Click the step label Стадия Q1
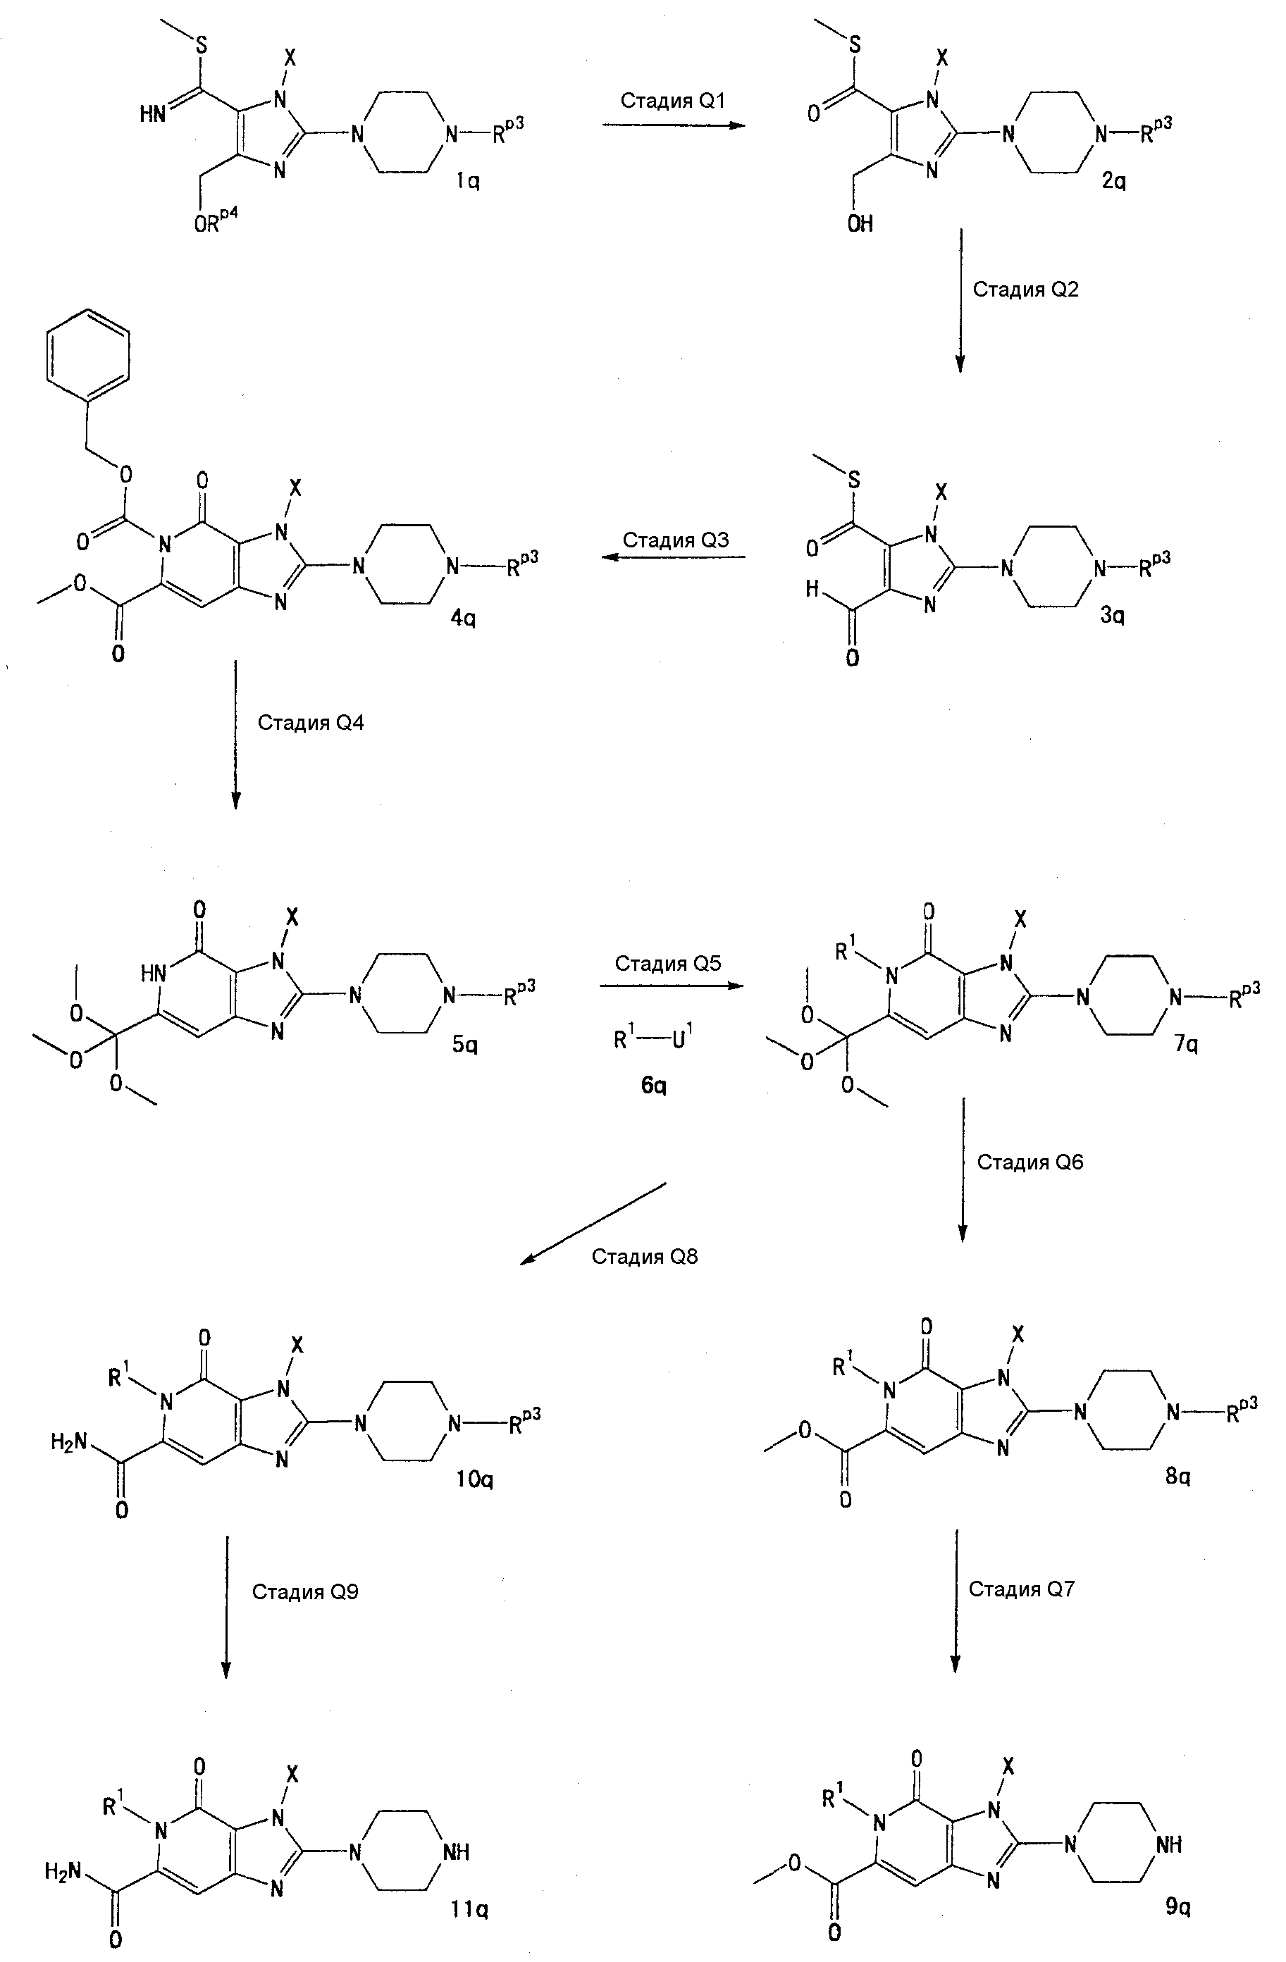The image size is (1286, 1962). (x=673, y=101)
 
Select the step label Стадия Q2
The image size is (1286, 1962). (x=1025, y=290)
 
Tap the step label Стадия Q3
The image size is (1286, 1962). (x=675, y=540)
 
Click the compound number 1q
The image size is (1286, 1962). (x=468, y=180)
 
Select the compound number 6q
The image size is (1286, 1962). (x=653, y=1086)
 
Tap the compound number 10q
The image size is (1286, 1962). (x=474, y=1479)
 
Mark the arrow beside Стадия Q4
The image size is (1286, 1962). (x=236, y=733)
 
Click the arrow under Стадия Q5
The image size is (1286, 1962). (x=672, y=986)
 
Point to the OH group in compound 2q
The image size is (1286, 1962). (x=860, y=223)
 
